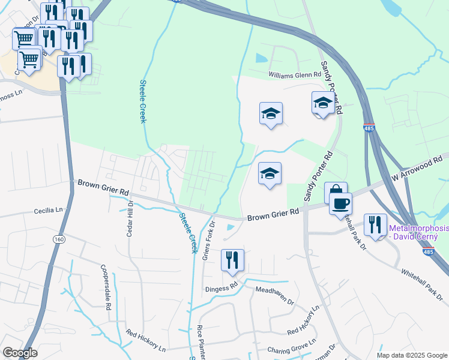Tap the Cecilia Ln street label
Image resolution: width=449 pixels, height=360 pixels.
click(x=48, y=211)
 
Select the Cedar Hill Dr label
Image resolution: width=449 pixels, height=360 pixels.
click(x=129, y=218)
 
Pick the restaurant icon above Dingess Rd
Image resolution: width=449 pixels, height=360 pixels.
click(x=232, y=260)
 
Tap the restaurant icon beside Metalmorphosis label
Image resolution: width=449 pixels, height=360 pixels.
click(x=375, y=225)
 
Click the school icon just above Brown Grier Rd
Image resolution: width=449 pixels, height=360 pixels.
click(x=270, y=174)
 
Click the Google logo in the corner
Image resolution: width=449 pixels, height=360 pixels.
click(x=20, y=353)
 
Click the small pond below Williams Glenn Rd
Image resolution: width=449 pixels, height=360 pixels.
click(x=261, y=58)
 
